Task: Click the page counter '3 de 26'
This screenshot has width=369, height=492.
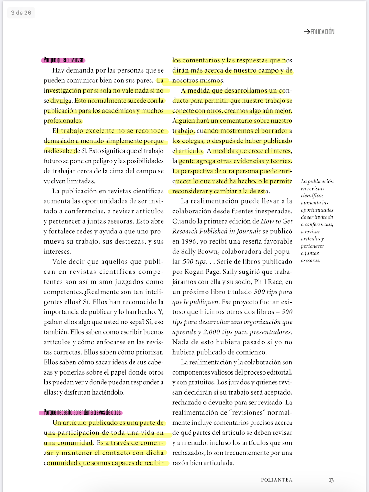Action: tap(21, 13)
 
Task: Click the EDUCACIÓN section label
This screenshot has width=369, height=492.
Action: tap(322, 32)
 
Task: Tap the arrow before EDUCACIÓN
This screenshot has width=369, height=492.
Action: tap(307, 32)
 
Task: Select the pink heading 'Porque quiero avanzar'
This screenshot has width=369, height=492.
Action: tap(63, 60)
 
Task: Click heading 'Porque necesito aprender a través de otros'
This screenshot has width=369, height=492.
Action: tap(82, 412)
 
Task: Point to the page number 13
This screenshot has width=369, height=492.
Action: tap(331, 480)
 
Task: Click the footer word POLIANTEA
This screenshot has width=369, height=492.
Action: tap(276, 480)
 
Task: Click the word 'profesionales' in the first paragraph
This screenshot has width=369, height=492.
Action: tap(63, 121)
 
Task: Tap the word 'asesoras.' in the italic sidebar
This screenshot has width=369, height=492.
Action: tap(311, 261)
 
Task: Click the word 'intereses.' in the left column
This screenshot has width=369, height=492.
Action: tap(57, 252)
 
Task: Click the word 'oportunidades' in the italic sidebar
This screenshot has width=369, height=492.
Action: tap(317, 210)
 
